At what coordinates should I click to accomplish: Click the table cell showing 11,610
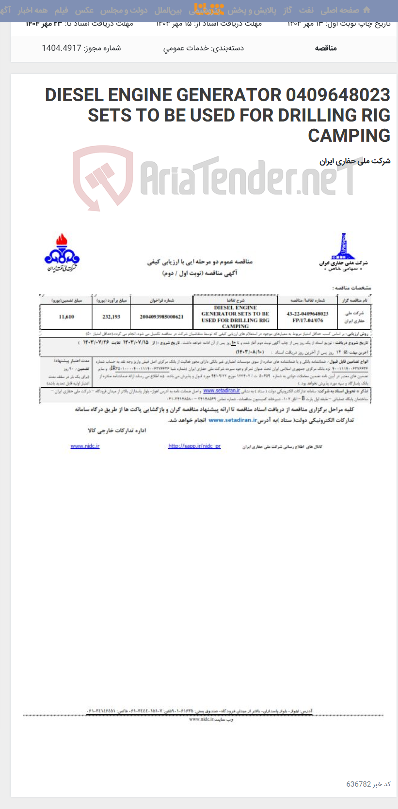pyautogui.click(x=66, y=317)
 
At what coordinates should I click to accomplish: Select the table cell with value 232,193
pyautogui.click(x=111, y=317)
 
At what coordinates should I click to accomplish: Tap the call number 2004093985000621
pyautogui.click(x=161, y=317)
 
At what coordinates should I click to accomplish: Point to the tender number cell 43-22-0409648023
pyautogui.click(x=307, y=314)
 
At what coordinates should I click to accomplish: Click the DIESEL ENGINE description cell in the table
pyautogui.click(x=235, y=317)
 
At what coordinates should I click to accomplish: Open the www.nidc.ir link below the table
pyautogui.click(x=85, y=446)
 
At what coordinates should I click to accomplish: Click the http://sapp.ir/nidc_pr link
pyautogui.click(x=194, y=446)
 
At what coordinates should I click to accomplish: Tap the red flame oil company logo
pyautogui.click(x=62, y=253)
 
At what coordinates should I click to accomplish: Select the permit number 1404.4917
pyautogui.click(x=61, y=48)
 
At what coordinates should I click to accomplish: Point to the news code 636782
pyautogui.click(x=358, y=784)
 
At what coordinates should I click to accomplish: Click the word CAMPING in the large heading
pyautogui.click(x=349, y=136)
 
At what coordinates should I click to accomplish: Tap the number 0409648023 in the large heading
pyautogui.click(x=338, y=95)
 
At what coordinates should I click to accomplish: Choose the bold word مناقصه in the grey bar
pyautogui.click(x=325, y=48)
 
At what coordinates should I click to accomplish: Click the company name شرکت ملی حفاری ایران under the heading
pyautogui.click(x=355, y=161)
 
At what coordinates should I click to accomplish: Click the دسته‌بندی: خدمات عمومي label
pyautogui.click(x=203, y=48)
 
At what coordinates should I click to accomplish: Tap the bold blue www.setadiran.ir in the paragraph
pyautogui.click(x=233, y=420)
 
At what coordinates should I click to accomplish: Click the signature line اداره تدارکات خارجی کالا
pyautogui.click(x=117, y=430)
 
